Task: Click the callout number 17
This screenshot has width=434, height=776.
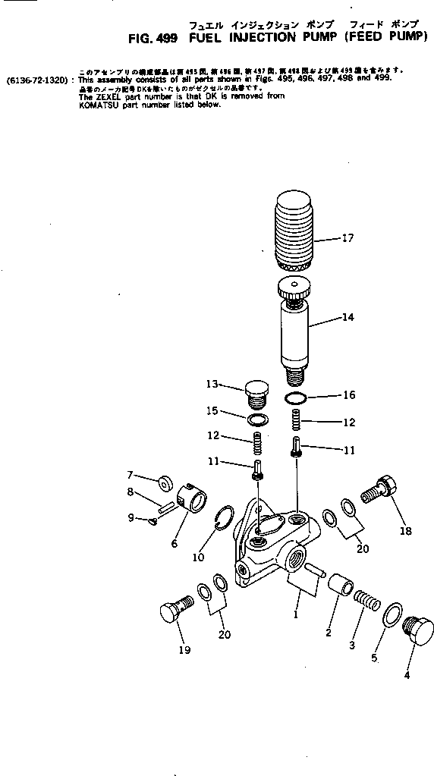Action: click(348, 237)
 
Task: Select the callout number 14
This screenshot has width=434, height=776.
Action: click(348, 317)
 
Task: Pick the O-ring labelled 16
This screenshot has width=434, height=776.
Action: click(296, 397)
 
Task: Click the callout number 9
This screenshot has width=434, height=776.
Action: click(131, 518)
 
